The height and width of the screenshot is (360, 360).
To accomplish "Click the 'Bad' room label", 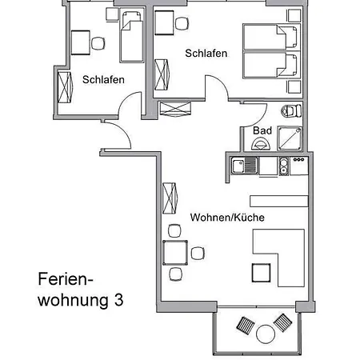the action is click(262, 130).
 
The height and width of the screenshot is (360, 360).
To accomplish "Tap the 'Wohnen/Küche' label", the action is click(227, 218).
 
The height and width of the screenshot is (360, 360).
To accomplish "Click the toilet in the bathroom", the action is click(291, 111).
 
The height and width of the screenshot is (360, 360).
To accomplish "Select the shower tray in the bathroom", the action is click(290, 138).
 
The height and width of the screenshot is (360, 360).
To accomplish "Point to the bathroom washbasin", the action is click(261, 144).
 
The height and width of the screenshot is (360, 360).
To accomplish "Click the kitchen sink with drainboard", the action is click(245, 166).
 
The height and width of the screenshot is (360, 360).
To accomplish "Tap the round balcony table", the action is click(266, 334).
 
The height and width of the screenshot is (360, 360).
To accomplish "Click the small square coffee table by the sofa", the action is click(261, 273).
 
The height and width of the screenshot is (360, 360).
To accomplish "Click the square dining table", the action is click(175, 253).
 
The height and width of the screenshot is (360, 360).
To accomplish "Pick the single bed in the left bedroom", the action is click(132, 37).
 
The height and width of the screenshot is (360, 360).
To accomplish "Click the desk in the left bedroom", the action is click(80, 42).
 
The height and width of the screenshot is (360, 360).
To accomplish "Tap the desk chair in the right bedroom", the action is click(182, 23).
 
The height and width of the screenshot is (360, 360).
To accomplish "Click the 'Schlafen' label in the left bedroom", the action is click(103, 79).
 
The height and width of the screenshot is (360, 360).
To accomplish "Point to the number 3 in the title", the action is click(118, 300).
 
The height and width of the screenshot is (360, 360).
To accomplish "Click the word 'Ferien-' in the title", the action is click(66, 279).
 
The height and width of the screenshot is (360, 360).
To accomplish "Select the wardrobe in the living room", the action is click(170, 198).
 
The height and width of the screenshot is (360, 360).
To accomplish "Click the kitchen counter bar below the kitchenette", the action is click(279, 201).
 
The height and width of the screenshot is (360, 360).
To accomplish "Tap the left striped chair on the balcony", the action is click(246, 326).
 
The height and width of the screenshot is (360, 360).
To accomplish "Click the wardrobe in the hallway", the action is click(175, 109).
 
